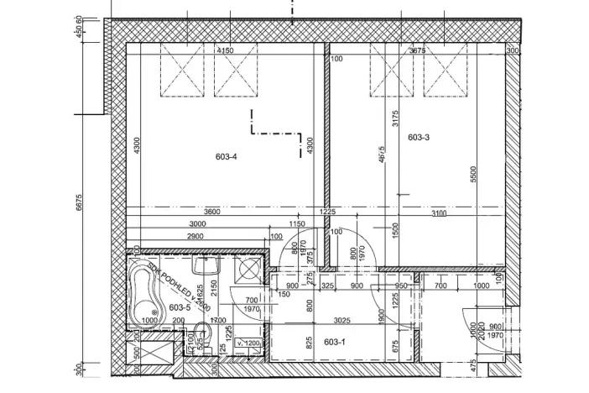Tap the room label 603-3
pyautogui.click(x=420, y=137)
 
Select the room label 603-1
pyautogui.click(x=334, y=342)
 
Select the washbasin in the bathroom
pyautogui.click(x=203, y=267)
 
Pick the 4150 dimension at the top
pyautogui.click(x=225, y=50)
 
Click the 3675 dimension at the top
pyautogui.click(x=418, y=50)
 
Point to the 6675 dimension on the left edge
pyautogui.click(x=78, y=202)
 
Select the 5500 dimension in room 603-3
pyautogui.click(x=473, y=175)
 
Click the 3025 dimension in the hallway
pyautogui.click(x=340, y=320)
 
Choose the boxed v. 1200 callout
pyautogui.click(x=250, y=343)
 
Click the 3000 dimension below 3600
pyautogui.click(x=198, y=224)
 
